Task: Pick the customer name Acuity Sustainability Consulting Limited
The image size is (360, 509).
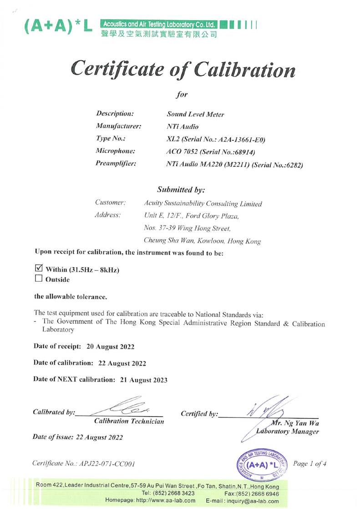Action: point(203,204)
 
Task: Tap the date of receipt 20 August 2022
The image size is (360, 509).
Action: point(110,346)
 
